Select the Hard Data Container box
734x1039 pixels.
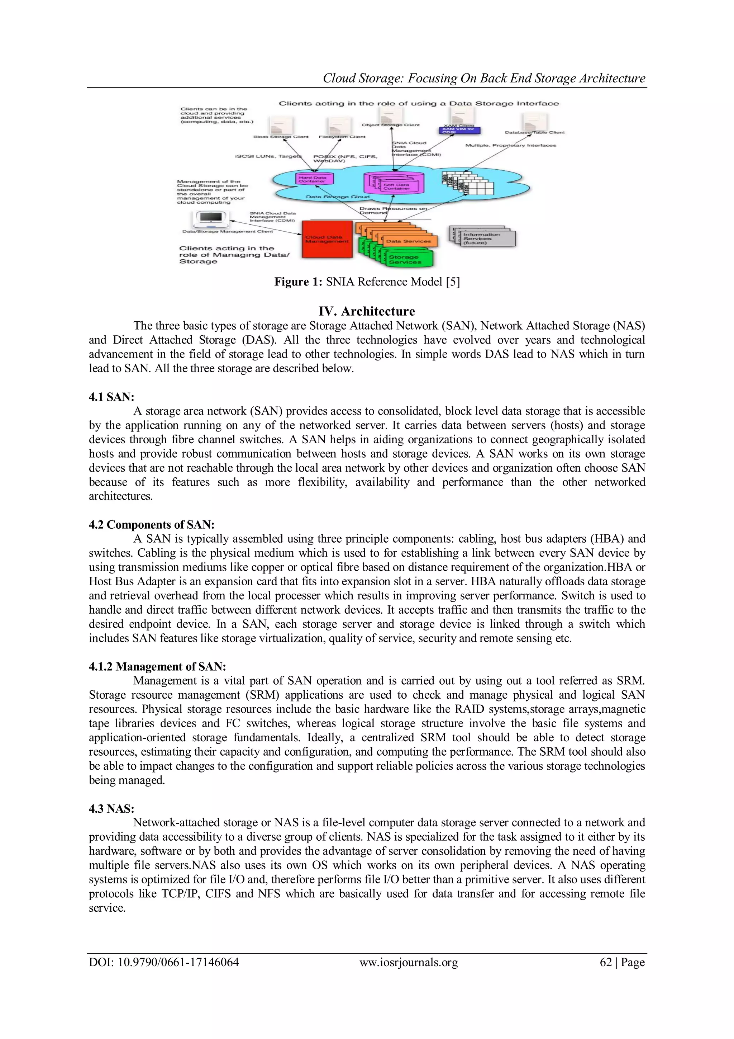313,179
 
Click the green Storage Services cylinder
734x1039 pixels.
410,259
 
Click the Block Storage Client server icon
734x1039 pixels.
280,124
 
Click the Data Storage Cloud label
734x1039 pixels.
337,197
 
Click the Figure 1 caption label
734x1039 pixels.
367,282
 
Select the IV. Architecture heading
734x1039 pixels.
367,311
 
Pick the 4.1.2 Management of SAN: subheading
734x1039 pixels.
157,667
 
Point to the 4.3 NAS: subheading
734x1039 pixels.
111,809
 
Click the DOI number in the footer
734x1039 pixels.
164,963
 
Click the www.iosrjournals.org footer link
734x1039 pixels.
408,963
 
